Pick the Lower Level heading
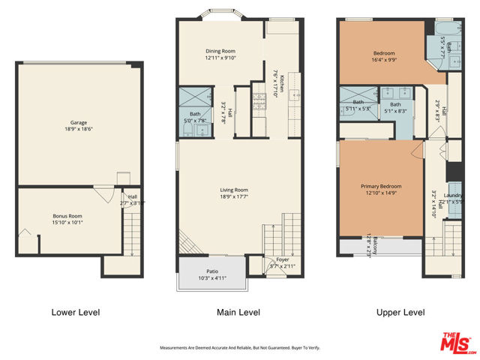point(75,312)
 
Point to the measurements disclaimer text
point(239,347)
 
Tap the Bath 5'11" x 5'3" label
point(358,102)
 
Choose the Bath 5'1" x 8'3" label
point(395,104)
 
